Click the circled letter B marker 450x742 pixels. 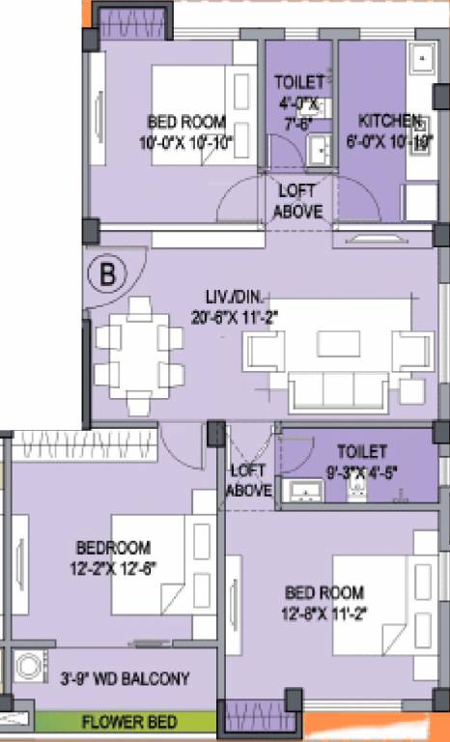click(108, 273)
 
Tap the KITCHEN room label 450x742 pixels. click(390, 121)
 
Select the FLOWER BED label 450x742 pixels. click(127, 722)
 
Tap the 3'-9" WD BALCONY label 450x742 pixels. click(124, 677)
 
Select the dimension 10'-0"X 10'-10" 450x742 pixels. click(185, 141)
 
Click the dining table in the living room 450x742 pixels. click(140, 354)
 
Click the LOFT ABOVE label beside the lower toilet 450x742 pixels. click(247, 481)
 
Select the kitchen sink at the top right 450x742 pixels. click(422, 60)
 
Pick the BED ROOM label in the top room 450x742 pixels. click(185, 123)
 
